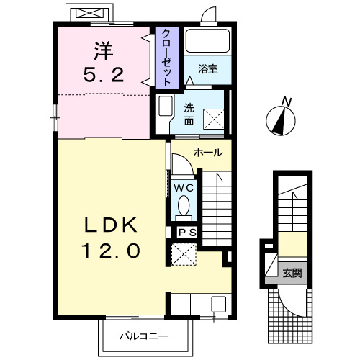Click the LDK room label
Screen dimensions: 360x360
(111, 225)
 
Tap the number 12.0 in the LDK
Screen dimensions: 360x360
(111, 251)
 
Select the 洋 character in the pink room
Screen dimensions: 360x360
(104, 51)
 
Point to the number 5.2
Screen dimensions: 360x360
(104, 74)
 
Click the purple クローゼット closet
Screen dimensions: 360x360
(167, 58)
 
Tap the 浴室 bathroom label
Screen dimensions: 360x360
(208, 69)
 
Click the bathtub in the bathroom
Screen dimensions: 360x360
(207, 41)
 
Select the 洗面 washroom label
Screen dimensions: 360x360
(189, 114)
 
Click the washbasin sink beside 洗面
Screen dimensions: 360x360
(166, 106)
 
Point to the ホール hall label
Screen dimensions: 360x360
(208, 153)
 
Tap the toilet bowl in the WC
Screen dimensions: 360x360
(184, 205)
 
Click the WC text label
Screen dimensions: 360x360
(184, 188)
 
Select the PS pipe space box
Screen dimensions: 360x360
(187, 233)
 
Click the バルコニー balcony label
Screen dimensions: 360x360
(144, 336)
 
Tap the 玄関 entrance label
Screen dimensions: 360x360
(292, 273)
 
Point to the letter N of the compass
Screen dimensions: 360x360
(287, 102)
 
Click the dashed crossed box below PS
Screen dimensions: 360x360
(184, 254)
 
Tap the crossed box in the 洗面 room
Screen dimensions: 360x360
(214, 120)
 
